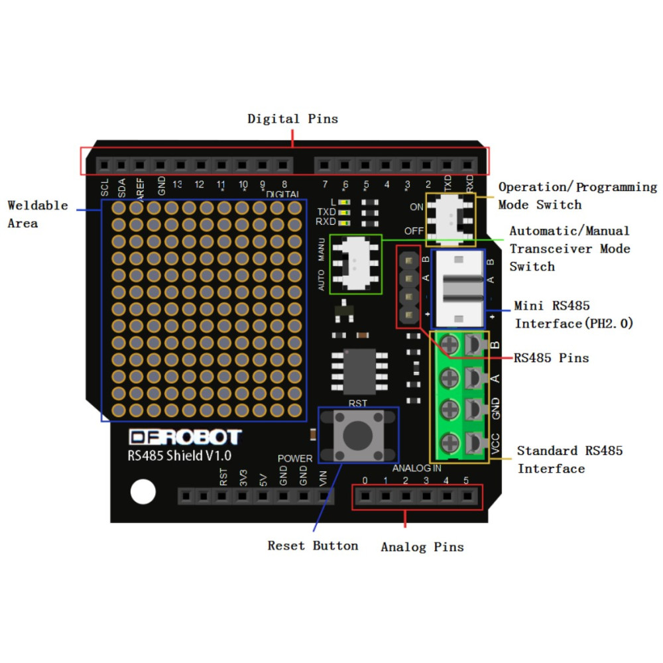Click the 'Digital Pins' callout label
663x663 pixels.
tap(292, 119)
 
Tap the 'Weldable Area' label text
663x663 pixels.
tap(38, 214)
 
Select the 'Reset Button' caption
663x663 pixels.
tap(313, 546)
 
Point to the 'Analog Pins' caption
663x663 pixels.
tap(422, 547)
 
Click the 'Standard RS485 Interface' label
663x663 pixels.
tap(570, 459)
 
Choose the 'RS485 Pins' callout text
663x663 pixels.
tap(552, 358)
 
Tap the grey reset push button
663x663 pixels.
tap(358, 435)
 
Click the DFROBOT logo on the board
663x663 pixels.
tap(185, 437)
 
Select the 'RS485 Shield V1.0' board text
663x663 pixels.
tap(179, 456)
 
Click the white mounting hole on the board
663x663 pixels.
tap(143, 492)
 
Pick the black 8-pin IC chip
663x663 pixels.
tap(359, 371)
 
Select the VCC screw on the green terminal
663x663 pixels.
tap(450, 443)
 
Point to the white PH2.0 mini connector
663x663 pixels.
tap(459, 289)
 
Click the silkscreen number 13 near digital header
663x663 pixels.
tap(177, 184)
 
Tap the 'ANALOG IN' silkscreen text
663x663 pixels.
tap(416, 468)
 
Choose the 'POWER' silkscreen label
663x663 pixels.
tap(295, 458)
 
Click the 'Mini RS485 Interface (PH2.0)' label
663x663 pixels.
tap(573, 314)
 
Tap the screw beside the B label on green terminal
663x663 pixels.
tap(450, 344)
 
